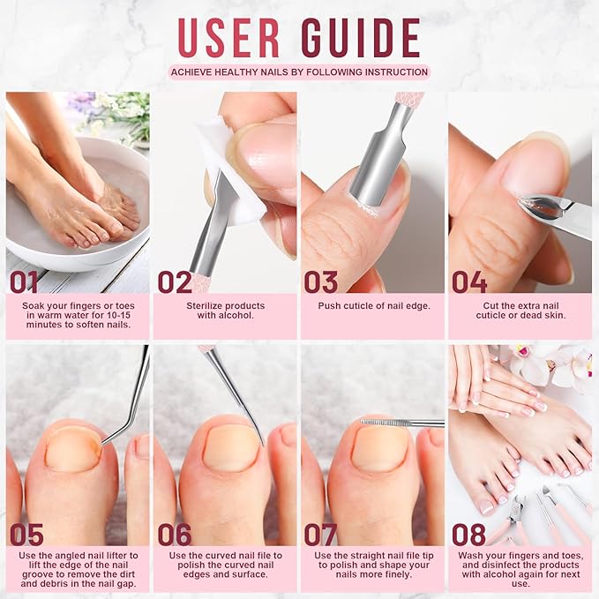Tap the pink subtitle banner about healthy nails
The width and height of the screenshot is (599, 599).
[x=299, y=72]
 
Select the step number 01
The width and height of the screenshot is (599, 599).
[x=24, y=282]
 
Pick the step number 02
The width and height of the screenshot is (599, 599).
[x=174, y=282]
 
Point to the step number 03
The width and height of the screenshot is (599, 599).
[x=321, y=282]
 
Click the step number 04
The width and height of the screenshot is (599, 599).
[x=469, y=282]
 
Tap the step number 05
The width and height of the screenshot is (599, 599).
[x=26, y=535]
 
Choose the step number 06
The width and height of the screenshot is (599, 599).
[x=175, y=535]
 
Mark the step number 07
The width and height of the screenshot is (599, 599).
[x=321, y=535]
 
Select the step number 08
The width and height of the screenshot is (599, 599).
[x=469, y=535]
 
